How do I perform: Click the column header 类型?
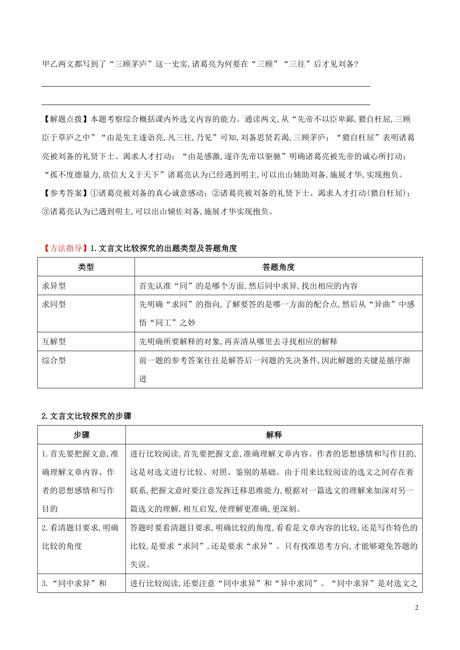(86, 267)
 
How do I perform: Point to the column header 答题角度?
(278, 267)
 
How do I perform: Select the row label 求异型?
(54, 286)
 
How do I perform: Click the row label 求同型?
(54, 305)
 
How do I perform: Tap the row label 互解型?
(54, 341)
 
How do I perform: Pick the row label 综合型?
(54, 360)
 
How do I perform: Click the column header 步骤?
(81, 435)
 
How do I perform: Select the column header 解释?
(274, 435)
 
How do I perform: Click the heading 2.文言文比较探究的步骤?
(87, 416)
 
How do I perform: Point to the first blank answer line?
(206, 86)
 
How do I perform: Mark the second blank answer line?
(206, 104)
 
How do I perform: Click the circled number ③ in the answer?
(46, 211)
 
